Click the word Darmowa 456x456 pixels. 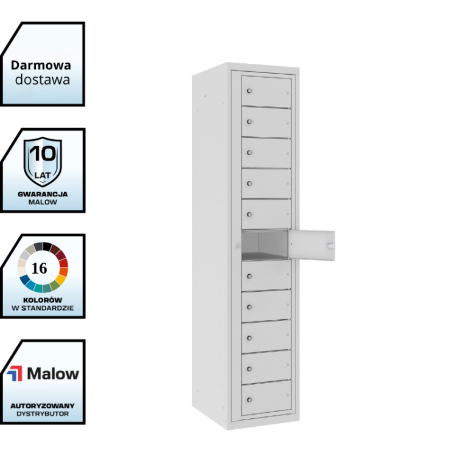(41, 65)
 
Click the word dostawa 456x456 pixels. (42, 79)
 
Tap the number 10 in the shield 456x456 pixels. (43, 153)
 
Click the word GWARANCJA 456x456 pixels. (43, 194)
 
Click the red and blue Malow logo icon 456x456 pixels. (14, 373)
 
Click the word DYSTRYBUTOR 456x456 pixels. (43, 413)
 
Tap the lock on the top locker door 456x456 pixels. (249, 91)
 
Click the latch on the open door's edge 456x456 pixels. (330, 245)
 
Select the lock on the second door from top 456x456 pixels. (249, 122)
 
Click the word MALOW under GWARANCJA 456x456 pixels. (43, 202)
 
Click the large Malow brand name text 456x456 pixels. (53, 373)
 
